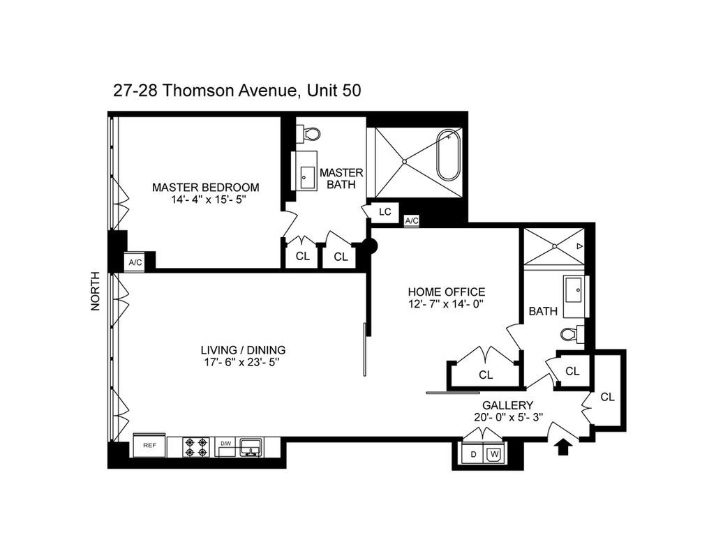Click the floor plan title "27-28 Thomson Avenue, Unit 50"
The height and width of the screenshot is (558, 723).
pos(237,91)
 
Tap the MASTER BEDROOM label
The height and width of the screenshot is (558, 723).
pos(205,187)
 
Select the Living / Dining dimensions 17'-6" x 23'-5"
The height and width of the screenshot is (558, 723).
pos(243,362)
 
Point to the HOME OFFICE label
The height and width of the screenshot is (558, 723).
pos(446,292)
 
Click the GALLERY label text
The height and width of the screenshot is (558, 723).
pos(507,405)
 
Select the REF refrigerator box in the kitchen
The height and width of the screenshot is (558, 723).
pos(149,444)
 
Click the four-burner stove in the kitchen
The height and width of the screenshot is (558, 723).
pos(197,446)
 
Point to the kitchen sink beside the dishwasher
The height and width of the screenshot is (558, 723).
pos(250,446)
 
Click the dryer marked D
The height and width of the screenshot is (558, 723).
pos(473,455)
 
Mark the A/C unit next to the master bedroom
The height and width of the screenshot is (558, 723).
pos(135,262)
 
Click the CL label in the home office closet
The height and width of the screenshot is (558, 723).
pos(486,375)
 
